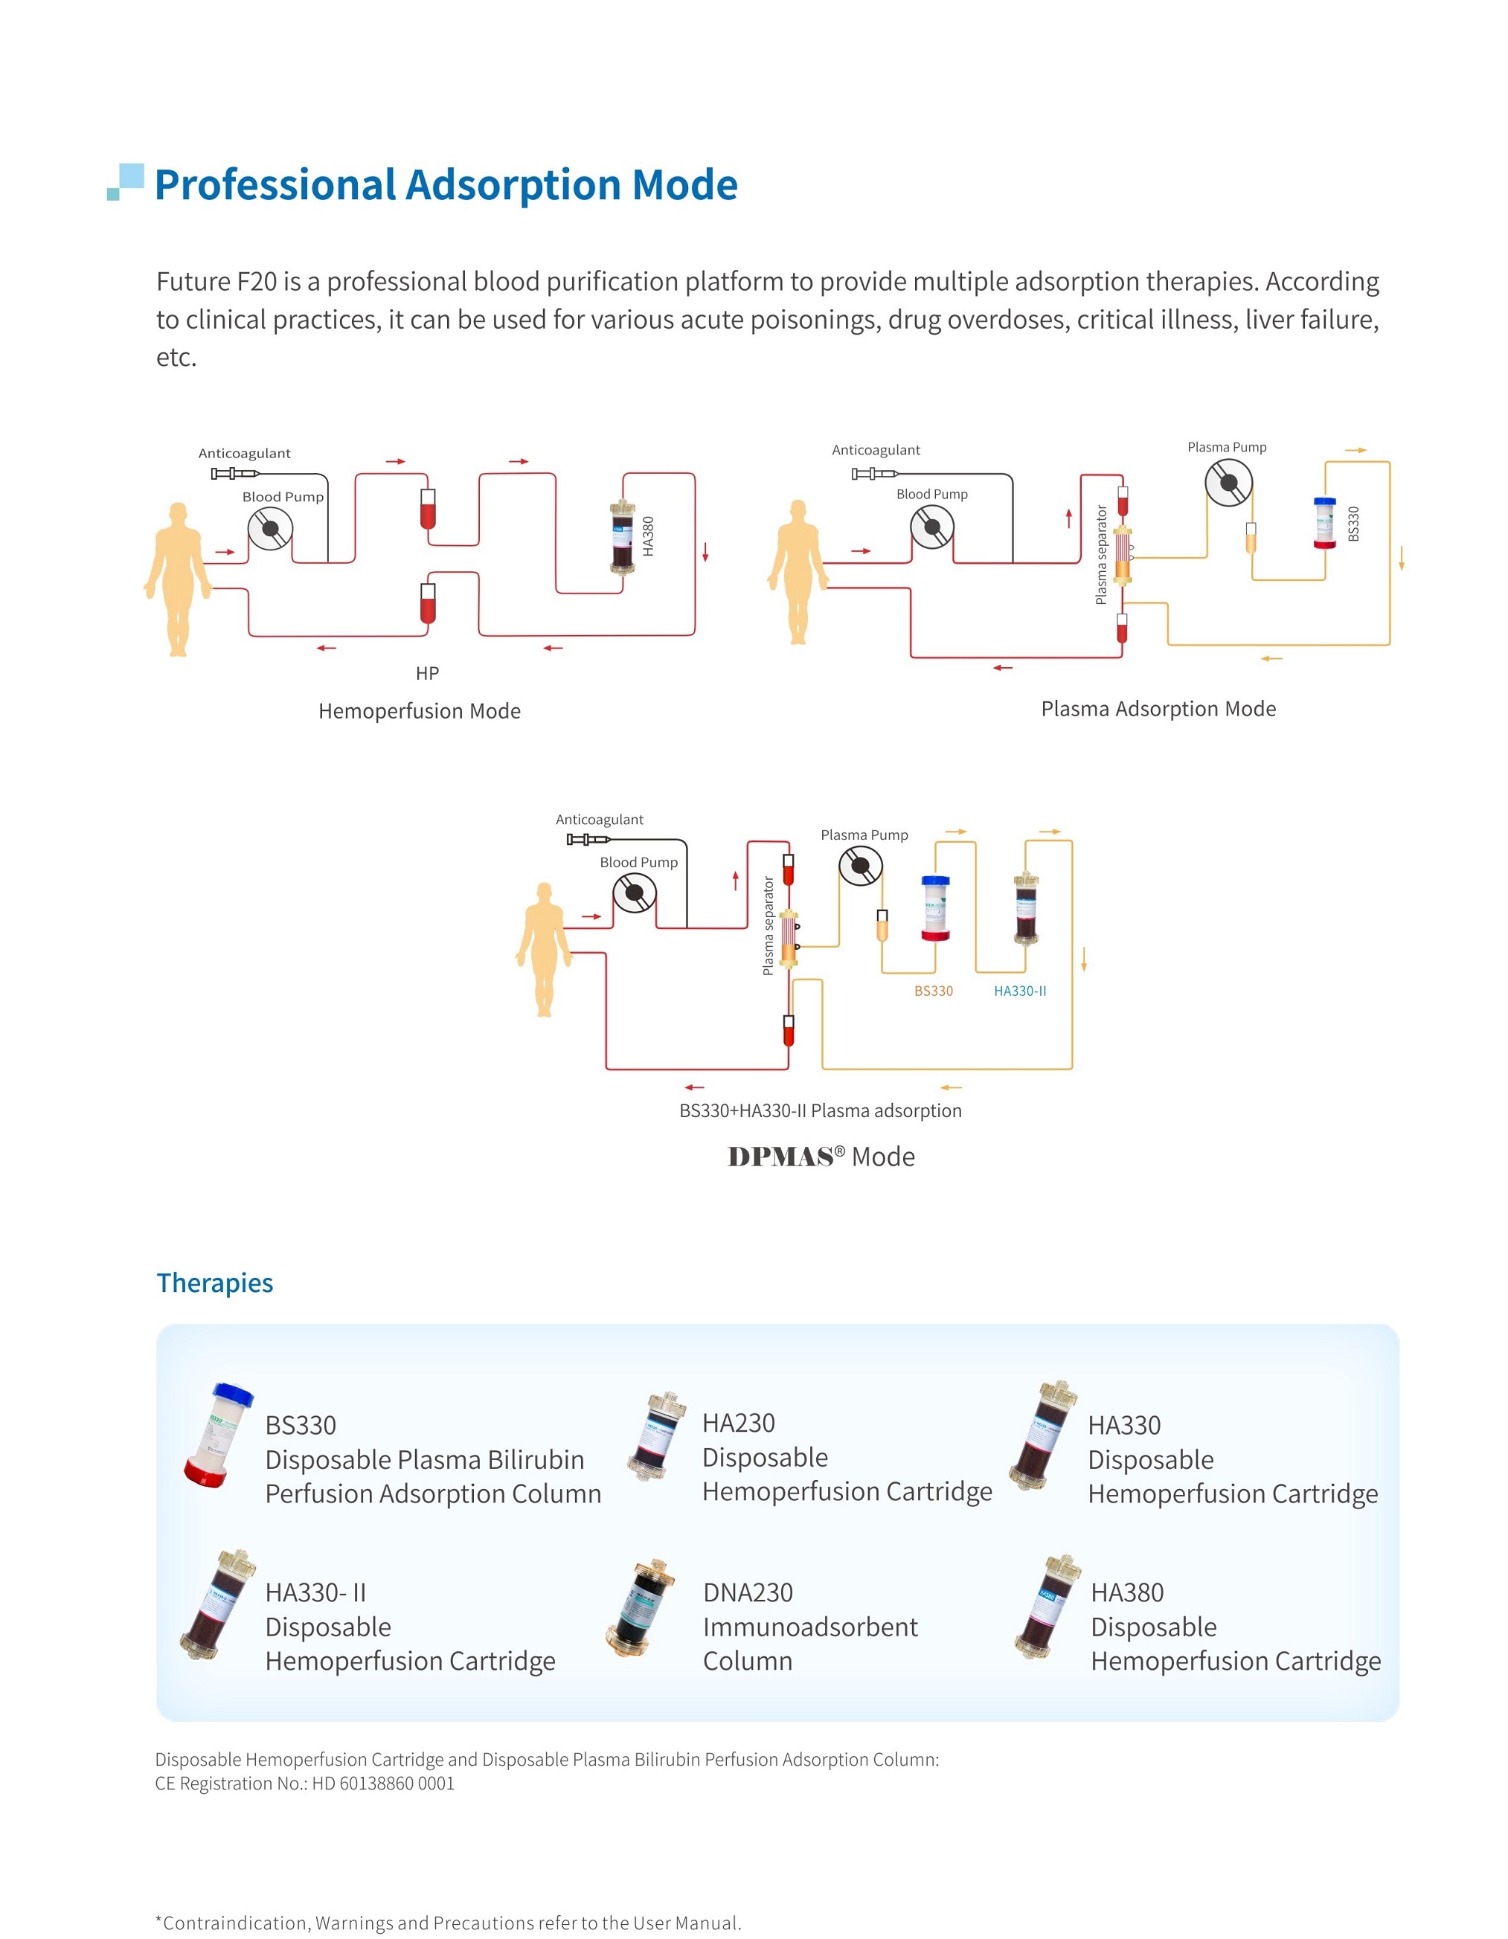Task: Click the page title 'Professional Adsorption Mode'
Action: tap(446, 184)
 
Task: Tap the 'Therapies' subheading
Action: tap(215, 1283)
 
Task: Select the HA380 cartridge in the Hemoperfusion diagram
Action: tap(623, 537)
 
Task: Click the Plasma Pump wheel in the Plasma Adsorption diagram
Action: tap(1228, 483)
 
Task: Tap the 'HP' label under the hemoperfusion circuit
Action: tap(427, 673)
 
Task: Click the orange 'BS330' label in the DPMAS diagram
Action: tap(934, 991)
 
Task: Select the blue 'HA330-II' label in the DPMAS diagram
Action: tap(1019, 991)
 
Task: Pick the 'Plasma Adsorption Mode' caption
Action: tap(1158, 709)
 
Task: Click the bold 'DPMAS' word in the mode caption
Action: tap(780, 1157)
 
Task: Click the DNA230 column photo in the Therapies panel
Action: tap(641, 1609)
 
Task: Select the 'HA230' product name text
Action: tap(738, 1423)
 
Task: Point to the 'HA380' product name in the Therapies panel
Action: tap(1126, 1592)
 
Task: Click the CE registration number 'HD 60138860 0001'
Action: tap(383, 1784)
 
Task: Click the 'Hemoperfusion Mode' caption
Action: tap(419, 711)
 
